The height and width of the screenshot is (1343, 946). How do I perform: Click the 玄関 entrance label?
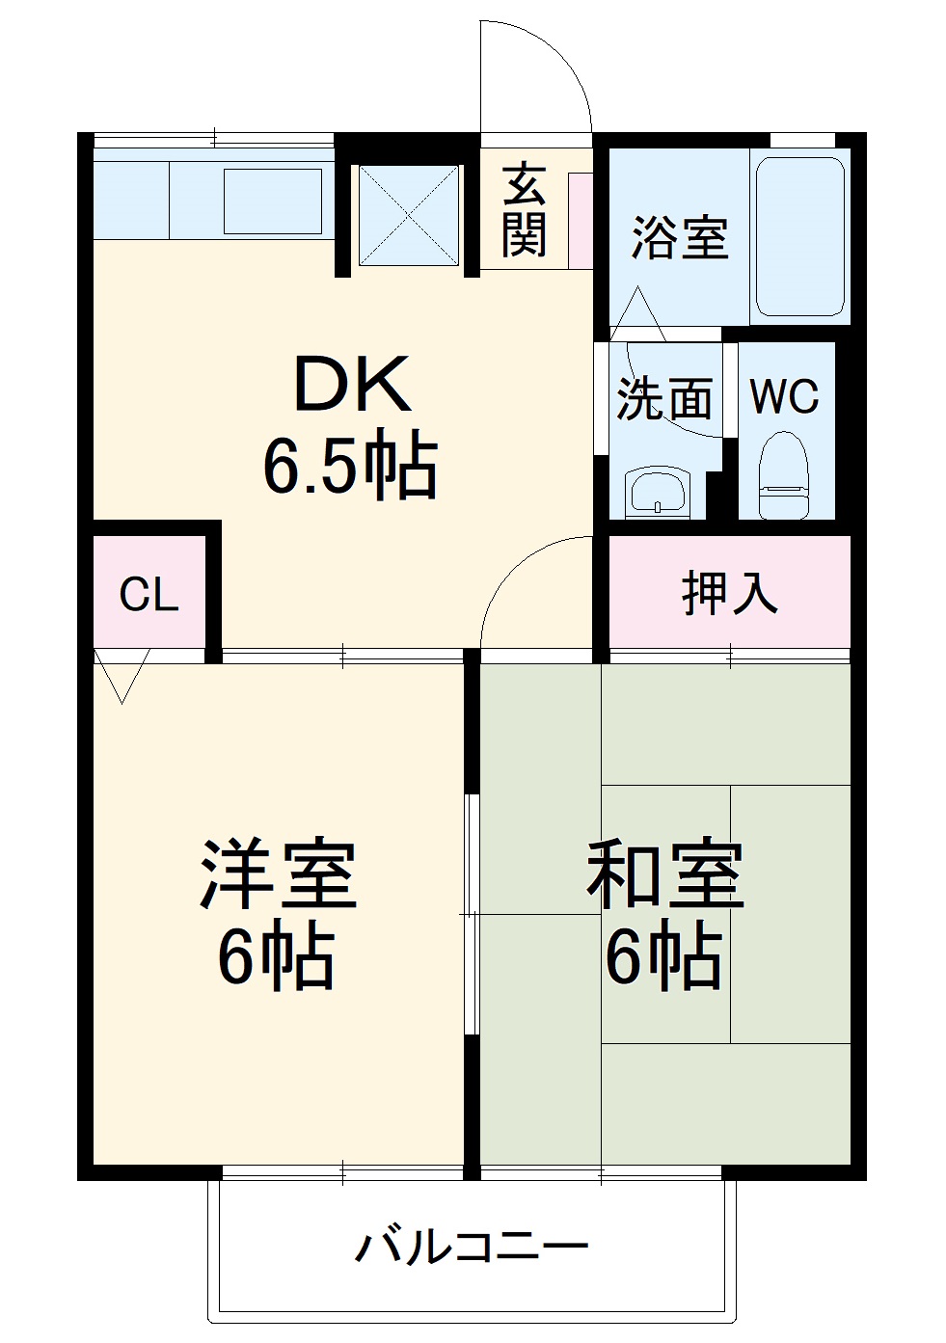[524, 209]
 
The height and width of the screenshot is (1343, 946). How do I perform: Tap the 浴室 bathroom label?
[679, 236]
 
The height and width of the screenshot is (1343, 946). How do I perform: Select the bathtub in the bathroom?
[799, 235]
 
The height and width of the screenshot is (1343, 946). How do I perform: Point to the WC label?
[784, 396]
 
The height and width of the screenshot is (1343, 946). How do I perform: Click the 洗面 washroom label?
[664, 398]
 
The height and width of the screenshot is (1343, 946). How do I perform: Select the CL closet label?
[149, 595]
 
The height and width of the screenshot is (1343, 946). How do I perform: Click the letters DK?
[351, 385]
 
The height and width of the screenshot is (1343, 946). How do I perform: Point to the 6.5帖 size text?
[351, 467]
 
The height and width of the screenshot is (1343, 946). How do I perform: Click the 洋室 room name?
[278, 874]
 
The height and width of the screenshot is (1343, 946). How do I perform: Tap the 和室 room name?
[666, 874]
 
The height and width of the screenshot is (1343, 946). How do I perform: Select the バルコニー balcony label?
[472, 1248]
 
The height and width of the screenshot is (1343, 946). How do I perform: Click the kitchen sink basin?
[273, 201]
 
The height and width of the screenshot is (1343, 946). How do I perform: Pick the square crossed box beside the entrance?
[409, 215]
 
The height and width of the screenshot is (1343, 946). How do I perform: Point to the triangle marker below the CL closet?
[122, 674]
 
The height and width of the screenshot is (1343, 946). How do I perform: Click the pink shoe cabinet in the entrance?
[581, 221]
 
